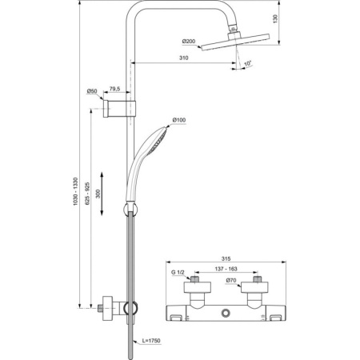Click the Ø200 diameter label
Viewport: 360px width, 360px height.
(190, 42)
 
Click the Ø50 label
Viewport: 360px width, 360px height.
(94, 92)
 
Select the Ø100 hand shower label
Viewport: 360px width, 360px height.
(178, 121)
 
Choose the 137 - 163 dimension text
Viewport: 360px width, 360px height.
(225, 270)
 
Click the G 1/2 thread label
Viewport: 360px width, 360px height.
(178, 272)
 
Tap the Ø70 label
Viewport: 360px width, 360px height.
(230, 280)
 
